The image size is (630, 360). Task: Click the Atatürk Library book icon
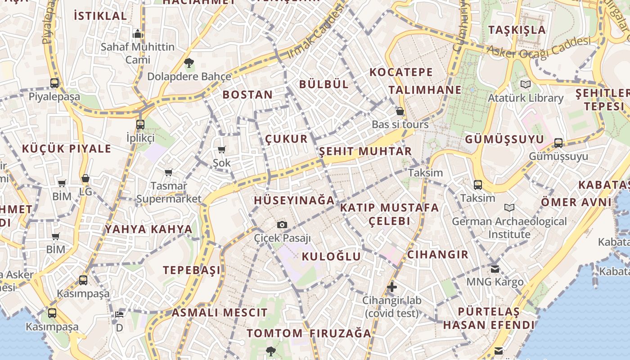point(525,84)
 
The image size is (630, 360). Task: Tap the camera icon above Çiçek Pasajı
point(282,225)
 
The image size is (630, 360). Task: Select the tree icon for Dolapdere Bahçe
point(189,63)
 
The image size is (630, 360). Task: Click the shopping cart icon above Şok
point(221,149)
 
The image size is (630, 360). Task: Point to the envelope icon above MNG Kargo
point(495,269)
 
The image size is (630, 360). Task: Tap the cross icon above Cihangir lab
point(392,287)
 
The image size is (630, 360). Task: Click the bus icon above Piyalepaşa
point(54,83)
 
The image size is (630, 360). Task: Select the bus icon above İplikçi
point(140,124)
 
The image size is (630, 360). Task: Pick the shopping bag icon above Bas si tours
point(400,111)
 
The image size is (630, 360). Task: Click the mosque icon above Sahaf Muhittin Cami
point(138,34)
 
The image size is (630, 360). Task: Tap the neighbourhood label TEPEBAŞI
point(192,270)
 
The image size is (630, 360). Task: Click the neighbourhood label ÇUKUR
point(287,139)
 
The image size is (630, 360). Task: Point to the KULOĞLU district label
point(331,256)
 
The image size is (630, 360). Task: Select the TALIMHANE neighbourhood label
point(425,90)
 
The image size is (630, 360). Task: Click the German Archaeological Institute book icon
point(509,207)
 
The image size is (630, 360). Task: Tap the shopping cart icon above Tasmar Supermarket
point(169,172)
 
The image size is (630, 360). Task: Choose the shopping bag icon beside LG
point(85,179)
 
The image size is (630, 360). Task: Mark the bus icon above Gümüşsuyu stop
point(558,143)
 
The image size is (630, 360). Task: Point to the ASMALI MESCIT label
point(220,312)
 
